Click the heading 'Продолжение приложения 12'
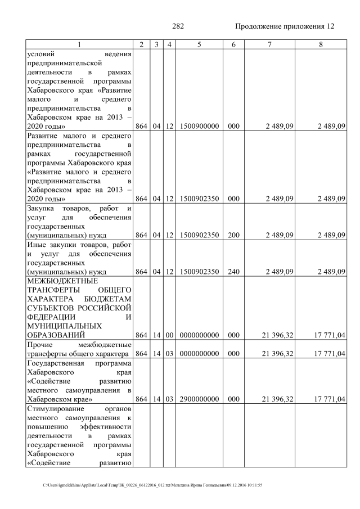tap(285, 26)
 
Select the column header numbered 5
tap(199, 44)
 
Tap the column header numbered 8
tap(320, 44)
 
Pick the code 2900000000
tap(199, 399)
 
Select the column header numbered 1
tap(79, 44)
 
